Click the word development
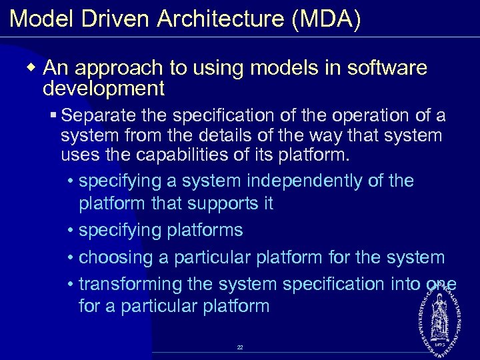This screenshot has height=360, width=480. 103,87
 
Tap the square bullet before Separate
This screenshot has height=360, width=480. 54,117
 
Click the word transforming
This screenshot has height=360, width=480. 131,284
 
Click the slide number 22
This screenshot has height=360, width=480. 239,347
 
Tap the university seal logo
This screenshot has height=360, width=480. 441,313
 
